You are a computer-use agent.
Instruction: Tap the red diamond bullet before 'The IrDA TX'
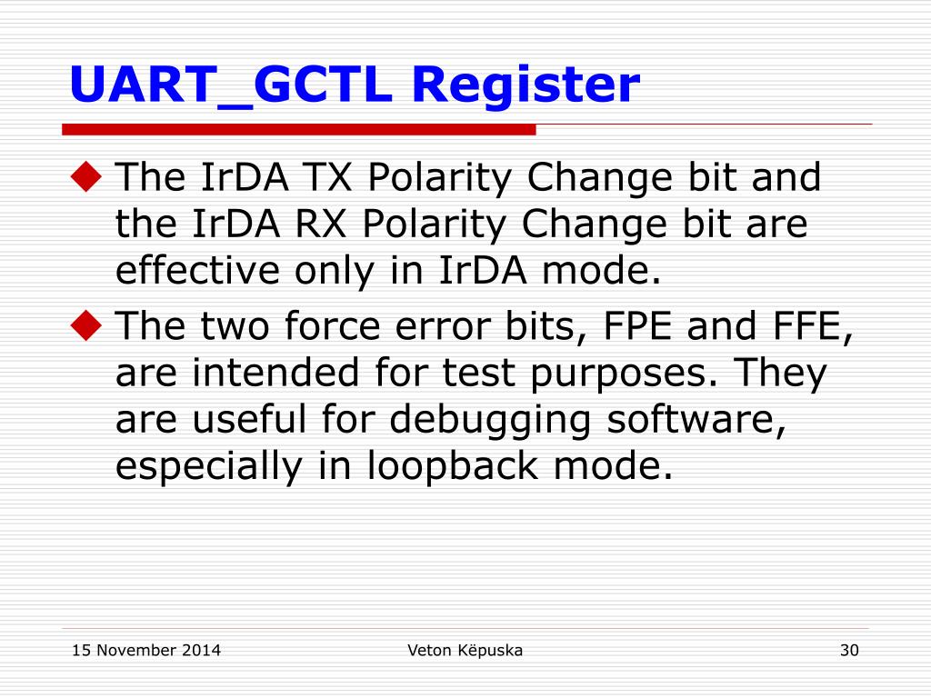point(87,178)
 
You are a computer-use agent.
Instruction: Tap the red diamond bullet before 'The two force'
point(87,326)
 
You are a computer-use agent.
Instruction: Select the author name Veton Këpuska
point(465,650)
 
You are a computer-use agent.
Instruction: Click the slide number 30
point(849,650)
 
